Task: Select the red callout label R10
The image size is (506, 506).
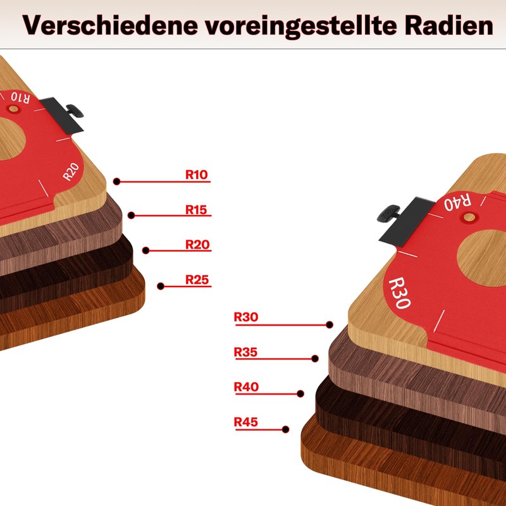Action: pos(197,175)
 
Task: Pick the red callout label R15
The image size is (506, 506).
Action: pos(197,209)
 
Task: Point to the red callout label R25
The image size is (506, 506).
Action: pos(197,279)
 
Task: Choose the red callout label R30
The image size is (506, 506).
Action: pos(246,317)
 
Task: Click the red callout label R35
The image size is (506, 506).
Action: pos(246,352)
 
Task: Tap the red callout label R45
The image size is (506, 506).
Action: pos(246,421)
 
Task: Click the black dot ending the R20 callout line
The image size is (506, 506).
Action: pos(145,250)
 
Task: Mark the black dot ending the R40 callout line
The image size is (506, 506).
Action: pos(300,393)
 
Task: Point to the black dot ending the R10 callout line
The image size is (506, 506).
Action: pos(117,182)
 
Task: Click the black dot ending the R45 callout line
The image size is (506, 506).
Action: pos(286,429)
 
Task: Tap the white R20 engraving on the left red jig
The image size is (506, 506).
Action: pos(71,171)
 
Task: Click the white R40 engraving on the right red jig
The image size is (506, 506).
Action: pos(457,203)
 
